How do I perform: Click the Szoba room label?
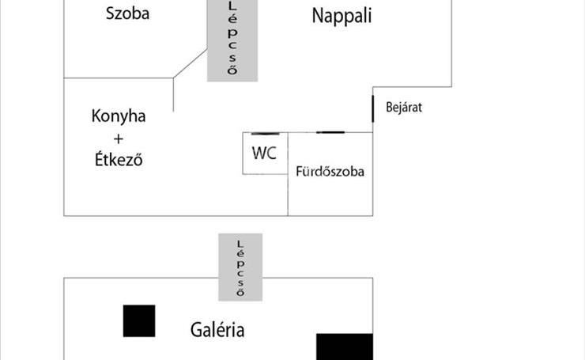[x=127, y=13]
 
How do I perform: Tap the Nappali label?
[x=342, y=16]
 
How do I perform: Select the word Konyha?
[x=119, y=116]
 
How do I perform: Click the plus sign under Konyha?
[x=119, y=139]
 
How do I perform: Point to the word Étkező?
[x=119, y=160]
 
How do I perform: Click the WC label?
[x=264, y=153]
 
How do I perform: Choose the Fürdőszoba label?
[x=330, y=172]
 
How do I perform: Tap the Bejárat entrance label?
[x=404, y=108]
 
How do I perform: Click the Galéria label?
[x=217, y=330]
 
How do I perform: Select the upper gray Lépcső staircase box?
[x=232, y=40]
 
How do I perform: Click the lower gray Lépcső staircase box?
[x=240, y=267]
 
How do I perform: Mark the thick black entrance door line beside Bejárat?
[x=372, y=108]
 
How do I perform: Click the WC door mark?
[x=266, y=134]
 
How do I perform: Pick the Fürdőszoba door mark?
[x=330, y=132]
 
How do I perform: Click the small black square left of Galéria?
[x=139, y=320]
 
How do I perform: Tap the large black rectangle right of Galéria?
[x=345, y=347]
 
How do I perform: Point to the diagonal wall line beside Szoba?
[x=190, y=63]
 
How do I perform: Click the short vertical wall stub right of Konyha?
[x=173, y=95]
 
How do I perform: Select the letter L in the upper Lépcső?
[x=232, y=6]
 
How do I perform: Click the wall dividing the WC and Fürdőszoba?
[x=288, y=153]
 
